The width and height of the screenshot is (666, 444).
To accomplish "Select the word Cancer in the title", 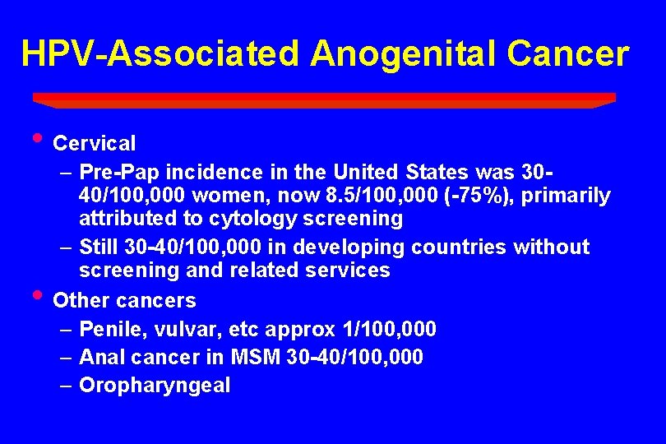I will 567,53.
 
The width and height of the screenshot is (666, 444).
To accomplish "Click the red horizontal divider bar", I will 324,99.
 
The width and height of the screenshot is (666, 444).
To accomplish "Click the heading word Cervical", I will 94,143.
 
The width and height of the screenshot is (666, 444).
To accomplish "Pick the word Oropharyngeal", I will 155,386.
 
